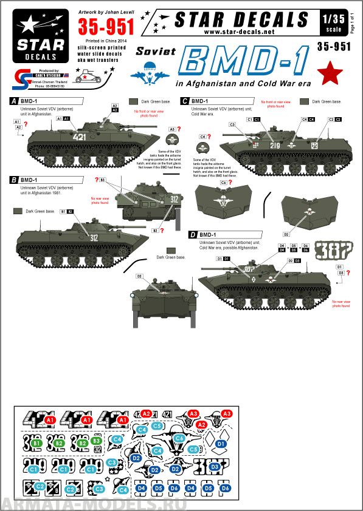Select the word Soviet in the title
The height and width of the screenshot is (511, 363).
[x=153, y=53]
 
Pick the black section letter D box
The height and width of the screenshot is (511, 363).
[x=192, y=234]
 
